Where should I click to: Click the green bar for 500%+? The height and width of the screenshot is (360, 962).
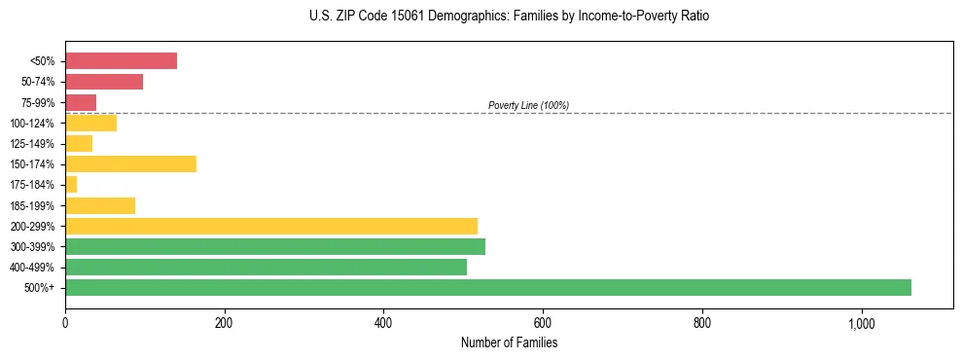tap(487, 287)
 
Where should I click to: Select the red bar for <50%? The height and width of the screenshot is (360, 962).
tap(121, 61)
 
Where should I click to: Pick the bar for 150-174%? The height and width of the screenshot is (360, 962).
tap(130, 163)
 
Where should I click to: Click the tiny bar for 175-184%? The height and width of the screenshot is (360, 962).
tap(71, 184)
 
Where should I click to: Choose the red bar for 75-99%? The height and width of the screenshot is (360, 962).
tap(81, 102)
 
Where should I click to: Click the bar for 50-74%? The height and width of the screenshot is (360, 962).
tap(104, 82)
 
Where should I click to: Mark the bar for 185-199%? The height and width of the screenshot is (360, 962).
tap(100, 205)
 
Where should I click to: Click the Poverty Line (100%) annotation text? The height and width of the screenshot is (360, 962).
tap(528, 105)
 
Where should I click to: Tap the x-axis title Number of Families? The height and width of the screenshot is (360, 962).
tap(509, 342)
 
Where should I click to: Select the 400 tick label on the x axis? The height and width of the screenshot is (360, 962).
tap(383, 323)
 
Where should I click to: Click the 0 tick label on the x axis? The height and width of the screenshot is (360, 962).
tap(65, 323)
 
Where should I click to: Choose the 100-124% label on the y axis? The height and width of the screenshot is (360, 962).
tap(32, 124)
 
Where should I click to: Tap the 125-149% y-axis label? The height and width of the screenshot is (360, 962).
tap(32, 144)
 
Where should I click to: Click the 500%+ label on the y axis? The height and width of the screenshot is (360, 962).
tap(39, 288)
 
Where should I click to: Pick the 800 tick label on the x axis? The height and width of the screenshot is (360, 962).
tap(702, 323)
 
